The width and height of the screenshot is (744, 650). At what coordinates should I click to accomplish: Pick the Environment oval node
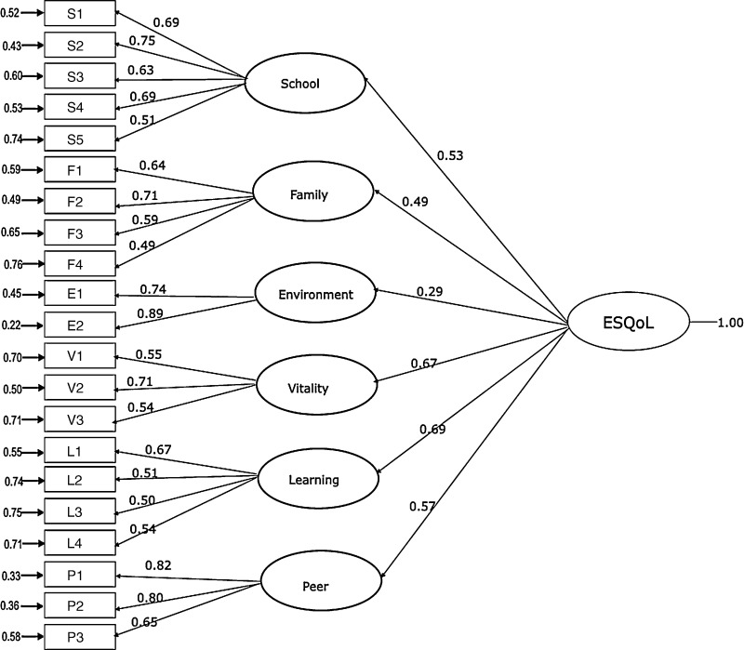tap(315, 295)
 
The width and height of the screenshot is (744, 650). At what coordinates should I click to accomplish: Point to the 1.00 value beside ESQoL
tap(730, 323)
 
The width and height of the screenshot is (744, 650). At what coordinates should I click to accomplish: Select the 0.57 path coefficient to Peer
tap(421, 506)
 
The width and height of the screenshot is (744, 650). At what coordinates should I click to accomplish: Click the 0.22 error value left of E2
tap(11, 326)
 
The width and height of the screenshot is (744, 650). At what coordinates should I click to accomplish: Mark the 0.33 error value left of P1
tap(11, 576)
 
